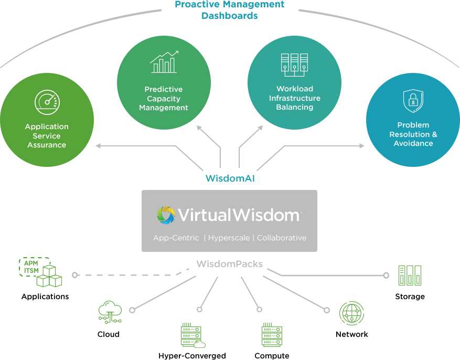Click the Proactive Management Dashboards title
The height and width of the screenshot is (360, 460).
pyautogui.click(x=229, y=9)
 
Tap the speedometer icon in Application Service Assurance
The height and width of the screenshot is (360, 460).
pyautogui.click(x=47, y=102)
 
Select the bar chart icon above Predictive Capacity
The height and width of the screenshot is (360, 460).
pyautogui.click(x=164, y=62)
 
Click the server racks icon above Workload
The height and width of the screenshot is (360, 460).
pyautogui.click(x=294, y=65)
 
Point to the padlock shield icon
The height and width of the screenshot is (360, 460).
pyautogui.click(x=413, y=101)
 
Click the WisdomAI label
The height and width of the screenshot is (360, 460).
pyautogui.click(x=230, y=178)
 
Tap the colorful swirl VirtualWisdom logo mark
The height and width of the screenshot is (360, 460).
pyautogui.click(x=166, y=215)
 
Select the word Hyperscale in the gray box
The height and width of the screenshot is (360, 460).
pyautogui.click(x=229, y=238)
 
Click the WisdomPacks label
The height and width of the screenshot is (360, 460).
pyautogui.click(x=229, y=264)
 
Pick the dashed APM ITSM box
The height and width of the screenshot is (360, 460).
pyautogui.click(x=34, y=267)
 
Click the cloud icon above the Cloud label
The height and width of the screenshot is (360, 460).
pyautogui.click(x=110, y=312)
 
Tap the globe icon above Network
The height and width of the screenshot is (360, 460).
pyautogui.click(x=351, y=313)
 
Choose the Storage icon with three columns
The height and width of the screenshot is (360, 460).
pyautogui.click(x=410, y=275)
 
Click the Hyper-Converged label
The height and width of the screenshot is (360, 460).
pyautogui.click(x=192, y=356)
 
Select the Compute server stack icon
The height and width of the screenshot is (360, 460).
pyautogui.click(x=272, y=334)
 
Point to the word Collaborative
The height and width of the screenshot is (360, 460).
pyautogui.click(x=282, y=238)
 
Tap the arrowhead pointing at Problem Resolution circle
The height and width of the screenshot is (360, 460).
pyautogui.click(x=361, y=146)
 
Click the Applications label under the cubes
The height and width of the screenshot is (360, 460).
pyautogui.click(x=45, y=297)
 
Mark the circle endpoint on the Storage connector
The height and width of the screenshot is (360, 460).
pyautogui.click(x=386, y=275)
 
